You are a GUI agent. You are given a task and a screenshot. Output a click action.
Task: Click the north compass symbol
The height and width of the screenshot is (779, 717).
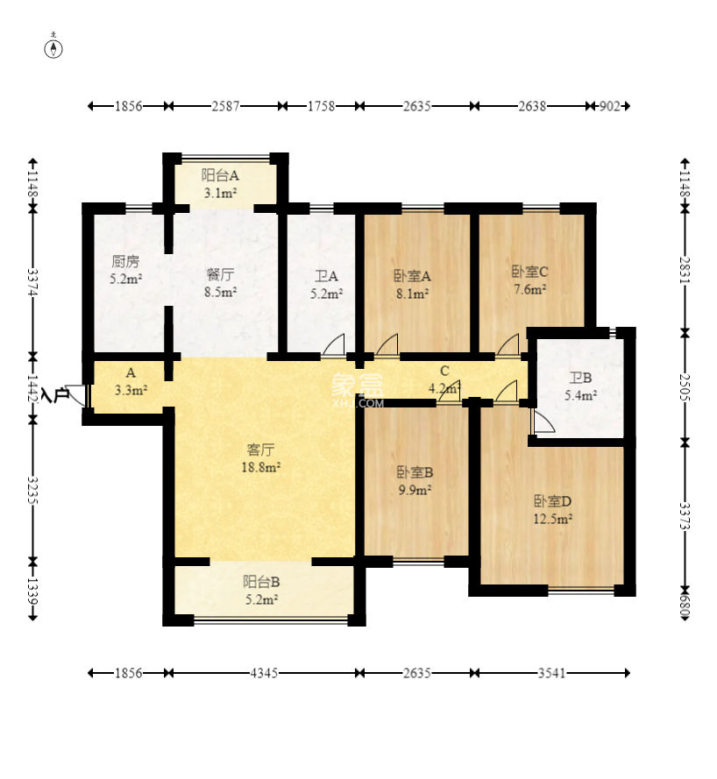[x=53, y=47]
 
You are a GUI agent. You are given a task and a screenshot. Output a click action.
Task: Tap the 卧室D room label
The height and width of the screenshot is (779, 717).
[x=552, y=500]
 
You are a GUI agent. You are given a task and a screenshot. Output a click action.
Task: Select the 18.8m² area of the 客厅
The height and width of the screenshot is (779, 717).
[x=261, y=467]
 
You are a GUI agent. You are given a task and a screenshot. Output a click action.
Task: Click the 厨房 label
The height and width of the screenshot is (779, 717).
[x=125, y=261]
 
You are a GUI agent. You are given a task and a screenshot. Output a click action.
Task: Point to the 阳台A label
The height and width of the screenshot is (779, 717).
[x=220, y=175]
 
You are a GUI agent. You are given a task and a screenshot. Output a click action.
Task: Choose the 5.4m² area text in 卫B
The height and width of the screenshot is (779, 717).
[x=580, y=395]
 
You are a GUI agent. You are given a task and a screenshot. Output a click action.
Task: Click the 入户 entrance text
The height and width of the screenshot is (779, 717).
[x=55, y=395]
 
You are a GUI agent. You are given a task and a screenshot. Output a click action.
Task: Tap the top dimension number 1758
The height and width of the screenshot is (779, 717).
[x=321, y=106]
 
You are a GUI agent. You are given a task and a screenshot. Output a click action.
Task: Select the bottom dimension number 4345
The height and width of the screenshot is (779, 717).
[x=263, y=673]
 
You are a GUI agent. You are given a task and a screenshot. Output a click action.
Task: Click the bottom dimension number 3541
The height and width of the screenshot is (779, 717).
[x=551, y=673]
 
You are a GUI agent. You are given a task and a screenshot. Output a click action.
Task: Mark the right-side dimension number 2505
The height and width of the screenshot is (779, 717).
[x=685, y=387]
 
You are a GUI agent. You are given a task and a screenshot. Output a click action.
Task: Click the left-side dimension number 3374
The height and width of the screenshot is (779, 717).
[x=32, y=283]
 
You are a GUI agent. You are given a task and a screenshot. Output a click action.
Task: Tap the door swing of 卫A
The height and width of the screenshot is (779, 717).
[x=334, y=343]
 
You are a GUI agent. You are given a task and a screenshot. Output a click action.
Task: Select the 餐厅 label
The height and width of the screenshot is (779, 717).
[x=220, y=273]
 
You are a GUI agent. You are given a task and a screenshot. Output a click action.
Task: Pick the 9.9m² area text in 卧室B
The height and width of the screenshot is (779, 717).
[x=415, y=490]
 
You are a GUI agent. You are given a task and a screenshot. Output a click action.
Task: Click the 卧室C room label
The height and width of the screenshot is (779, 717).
[x=530, y=272]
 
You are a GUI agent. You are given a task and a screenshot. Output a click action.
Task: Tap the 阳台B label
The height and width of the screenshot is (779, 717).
[x=261, y=581]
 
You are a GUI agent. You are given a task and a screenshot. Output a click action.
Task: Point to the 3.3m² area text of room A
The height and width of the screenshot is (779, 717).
[x=131, y=390]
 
